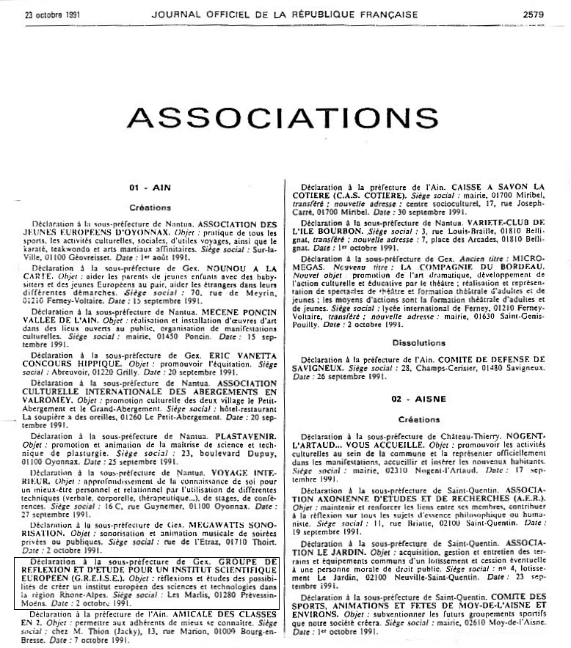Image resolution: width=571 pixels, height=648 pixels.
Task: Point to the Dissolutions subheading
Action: click(x=418, y=342)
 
